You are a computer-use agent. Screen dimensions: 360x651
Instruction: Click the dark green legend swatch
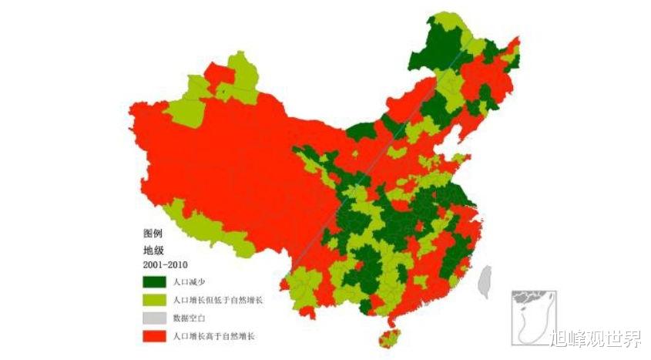coord(154,282)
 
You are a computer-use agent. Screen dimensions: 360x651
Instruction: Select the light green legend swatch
coord(154,300)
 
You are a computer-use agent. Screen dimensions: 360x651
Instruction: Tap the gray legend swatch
coord(154,318)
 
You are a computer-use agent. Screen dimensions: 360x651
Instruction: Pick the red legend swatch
coord(154,335)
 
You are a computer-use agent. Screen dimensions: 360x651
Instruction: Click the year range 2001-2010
coord(165,265)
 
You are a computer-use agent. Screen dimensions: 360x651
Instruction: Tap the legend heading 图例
coord(153,233)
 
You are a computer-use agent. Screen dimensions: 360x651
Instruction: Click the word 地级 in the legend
coord(153,249)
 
